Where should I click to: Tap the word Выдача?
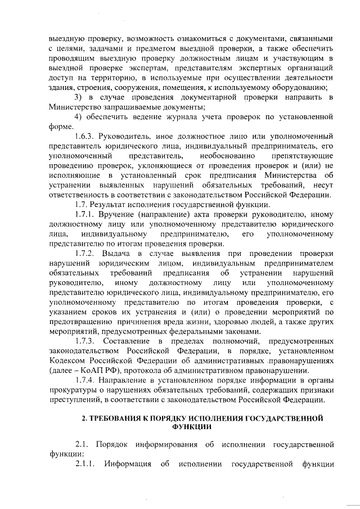[x=126, y=253]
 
